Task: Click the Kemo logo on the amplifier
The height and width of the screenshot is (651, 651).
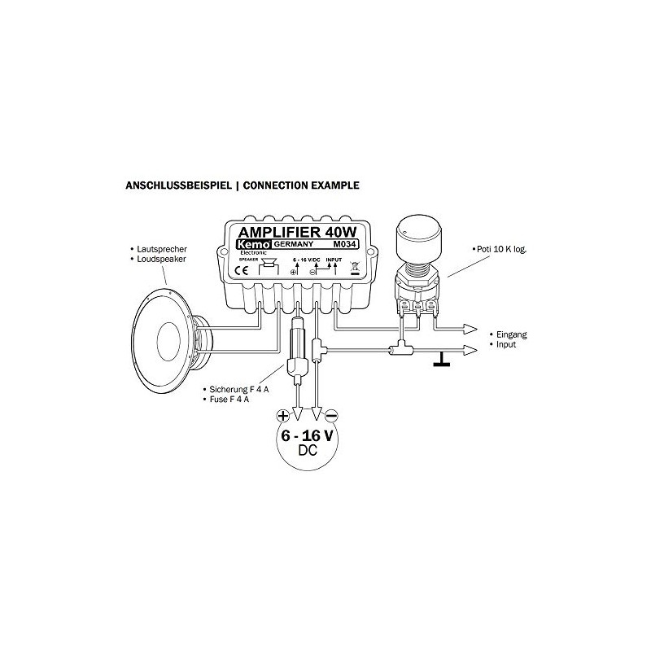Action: [252, 246]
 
